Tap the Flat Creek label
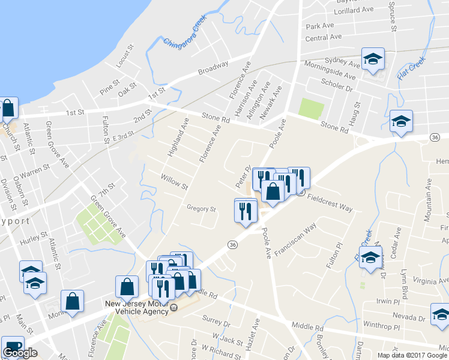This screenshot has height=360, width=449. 411,71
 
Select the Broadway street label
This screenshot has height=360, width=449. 214,68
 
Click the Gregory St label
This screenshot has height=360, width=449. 201,209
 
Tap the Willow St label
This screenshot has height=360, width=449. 175,178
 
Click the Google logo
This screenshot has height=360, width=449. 20,353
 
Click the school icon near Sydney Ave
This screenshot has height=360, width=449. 373,59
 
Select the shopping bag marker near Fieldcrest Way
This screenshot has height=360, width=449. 273,192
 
